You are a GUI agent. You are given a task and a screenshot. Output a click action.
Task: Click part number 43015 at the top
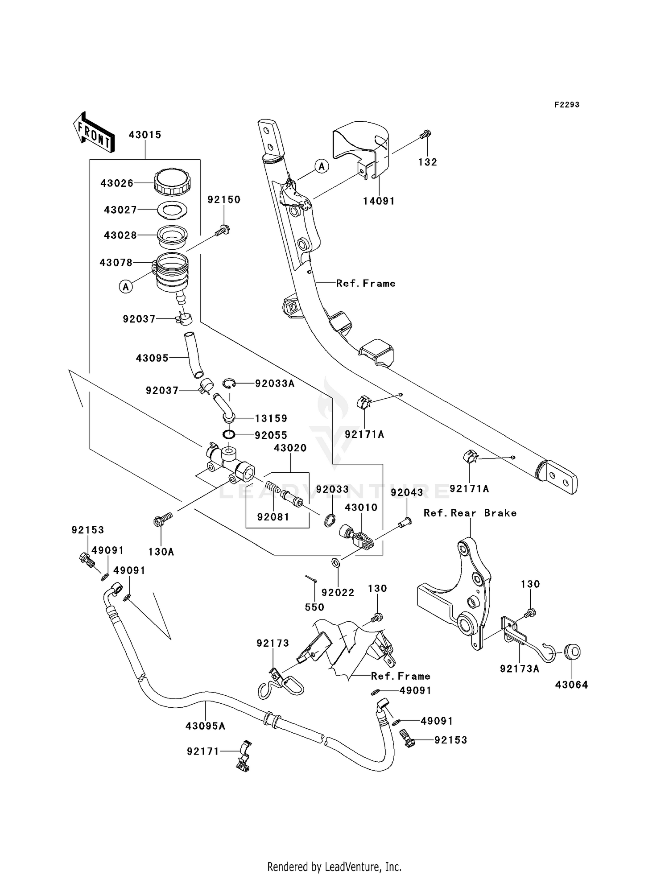(145, 135)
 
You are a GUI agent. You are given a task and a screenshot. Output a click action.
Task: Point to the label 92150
(224, 200)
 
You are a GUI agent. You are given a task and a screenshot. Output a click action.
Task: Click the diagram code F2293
(567, 105)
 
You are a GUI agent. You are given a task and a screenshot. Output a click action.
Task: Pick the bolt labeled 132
(426, 133)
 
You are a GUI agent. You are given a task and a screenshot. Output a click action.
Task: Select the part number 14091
(379, 201)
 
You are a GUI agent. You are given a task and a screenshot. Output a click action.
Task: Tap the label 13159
(271, 418)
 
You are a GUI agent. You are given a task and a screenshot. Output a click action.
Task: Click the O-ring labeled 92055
(228, 433)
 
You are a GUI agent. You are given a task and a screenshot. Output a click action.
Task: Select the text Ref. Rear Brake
(470, 513)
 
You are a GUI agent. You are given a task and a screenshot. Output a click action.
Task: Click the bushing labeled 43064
(572, 652)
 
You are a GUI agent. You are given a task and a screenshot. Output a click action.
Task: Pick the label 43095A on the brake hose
(206, 726)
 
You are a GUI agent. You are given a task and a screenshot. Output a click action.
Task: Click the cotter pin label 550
(314, 607)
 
